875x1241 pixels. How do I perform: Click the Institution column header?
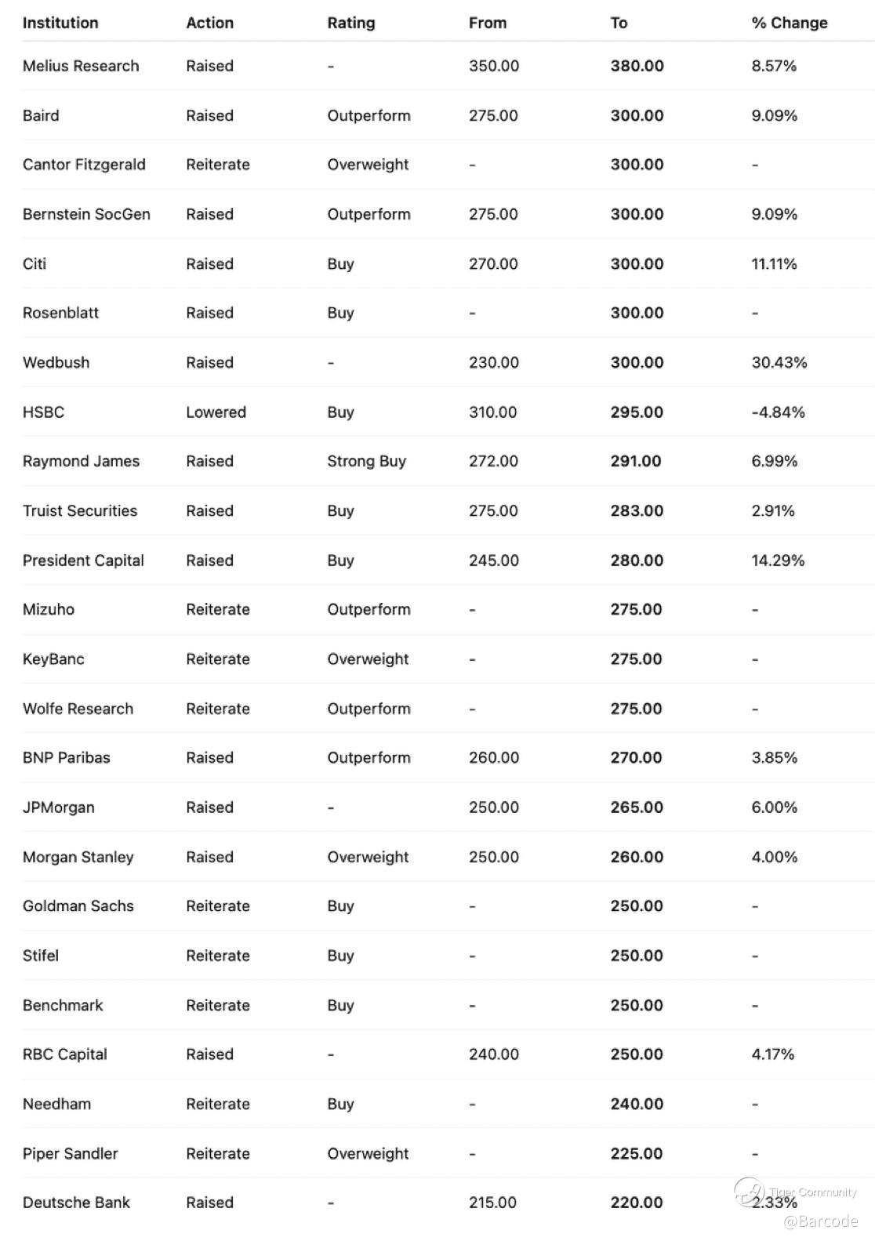coord(60,23)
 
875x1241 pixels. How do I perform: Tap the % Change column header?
coord(789,23)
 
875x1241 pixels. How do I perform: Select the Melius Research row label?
coord(81,66)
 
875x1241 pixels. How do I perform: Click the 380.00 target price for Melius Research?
coord(637,66)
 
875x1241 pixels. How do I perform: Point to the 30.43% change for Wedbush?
coord(779,362)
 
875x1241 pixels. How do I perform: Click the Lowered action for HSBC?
coord(216,412)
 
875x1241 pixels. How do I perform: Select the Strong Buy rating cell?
coord(366,461)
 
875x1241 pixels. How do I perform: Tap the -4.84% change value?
coord(778,412)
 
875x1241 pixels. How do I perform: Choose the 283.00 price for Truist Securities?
coord(637,510)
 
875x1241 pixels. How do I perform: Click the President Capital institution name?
coord(83,561)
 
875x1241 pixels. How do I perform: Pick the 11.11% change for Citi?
coord(774,263)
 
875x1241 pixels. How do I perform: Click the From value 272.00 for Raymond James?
coord(493,461)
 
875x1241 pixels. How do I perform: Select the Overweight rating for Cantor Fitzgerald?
coord(368,165)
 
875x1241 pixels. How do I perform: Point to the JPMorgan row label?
coord(58,807)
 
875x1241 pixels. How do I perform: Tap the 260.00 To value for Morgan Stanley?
coord(637,857)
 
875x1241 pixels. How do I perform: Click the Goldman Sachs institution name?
coord(78,906)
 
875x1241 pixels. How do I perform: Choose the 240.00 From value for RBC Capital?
coord(493,1054)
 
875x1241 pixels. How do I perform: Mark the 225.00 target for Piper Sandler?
coord(636,1153)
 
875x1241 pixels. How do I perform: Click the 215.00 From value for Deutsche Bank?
coord(492,1203)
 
